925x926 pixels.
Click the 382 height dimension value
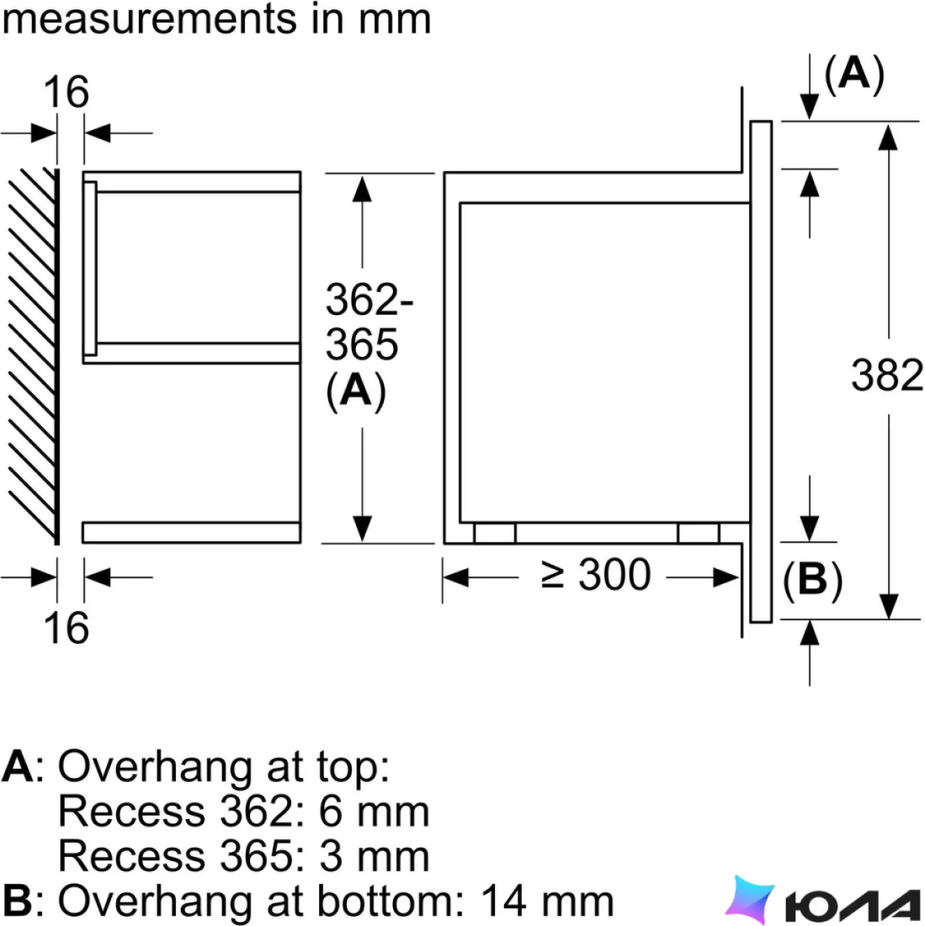[886, 375]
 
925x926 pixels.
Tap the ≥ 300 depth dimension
[596, 574]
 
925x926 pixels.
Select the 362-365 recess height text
[369, 322]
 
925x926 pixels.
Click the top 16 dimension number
[66, 92]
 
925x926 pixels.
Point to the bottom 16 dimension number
[66, 628]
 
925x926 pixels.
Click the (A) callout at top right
[854, 74]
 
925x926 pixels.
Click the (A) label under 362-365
[356, 391]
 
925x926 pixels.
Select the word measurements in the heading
[149, 19]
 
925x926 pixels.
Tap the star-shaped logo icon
[750, 899]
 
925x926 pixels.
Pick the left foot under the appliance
[495, 533]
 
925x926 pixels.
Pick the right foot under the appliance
[699, 533]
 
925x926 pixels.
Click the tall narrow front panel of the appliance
[761, 371]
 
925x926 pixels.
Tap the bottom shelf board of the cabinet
[191, 532]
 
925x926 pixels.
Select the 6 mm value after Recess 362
[374, 812]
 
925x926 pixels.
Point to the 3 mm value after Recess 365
[374, 856]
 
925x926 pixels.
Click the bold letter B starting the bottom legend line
[18, 901]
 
